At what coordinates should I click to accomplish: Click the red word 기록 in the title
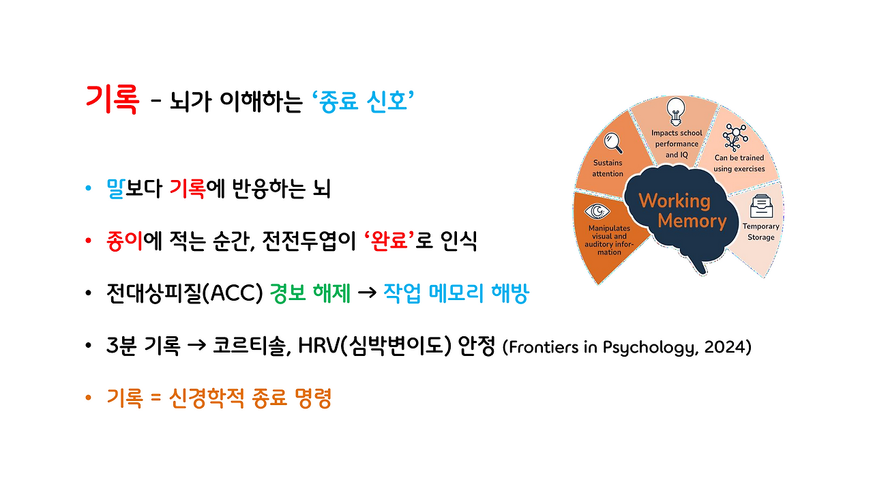[112, 100]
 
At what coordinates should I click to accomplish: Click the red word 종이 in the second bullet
[123, 241]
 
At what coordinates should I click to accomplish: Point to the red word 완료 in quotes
[388, 241]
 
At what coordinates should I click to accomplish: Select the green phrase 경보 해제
[310, 294]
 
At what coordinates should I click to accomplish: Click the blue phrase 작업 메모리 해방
[455, 294]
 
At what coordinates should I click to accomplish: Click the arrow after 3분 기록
[196, 346]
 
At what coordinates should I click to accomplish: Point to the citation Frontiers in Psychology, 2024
[627, 347]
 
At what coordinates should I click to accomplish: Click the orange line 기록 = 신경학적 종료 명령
[219, 399]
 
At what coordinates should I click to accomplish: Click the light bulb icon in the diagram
[675, 109]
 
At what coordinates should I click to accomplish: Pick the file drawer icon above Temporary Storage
[759, 205]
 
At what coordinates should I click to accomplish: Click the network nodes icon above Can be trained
[736, 136]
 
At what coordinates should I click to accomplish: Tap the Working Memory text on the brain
[673, 211]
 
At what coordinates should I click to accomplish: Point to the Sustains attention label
[608, 168]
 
